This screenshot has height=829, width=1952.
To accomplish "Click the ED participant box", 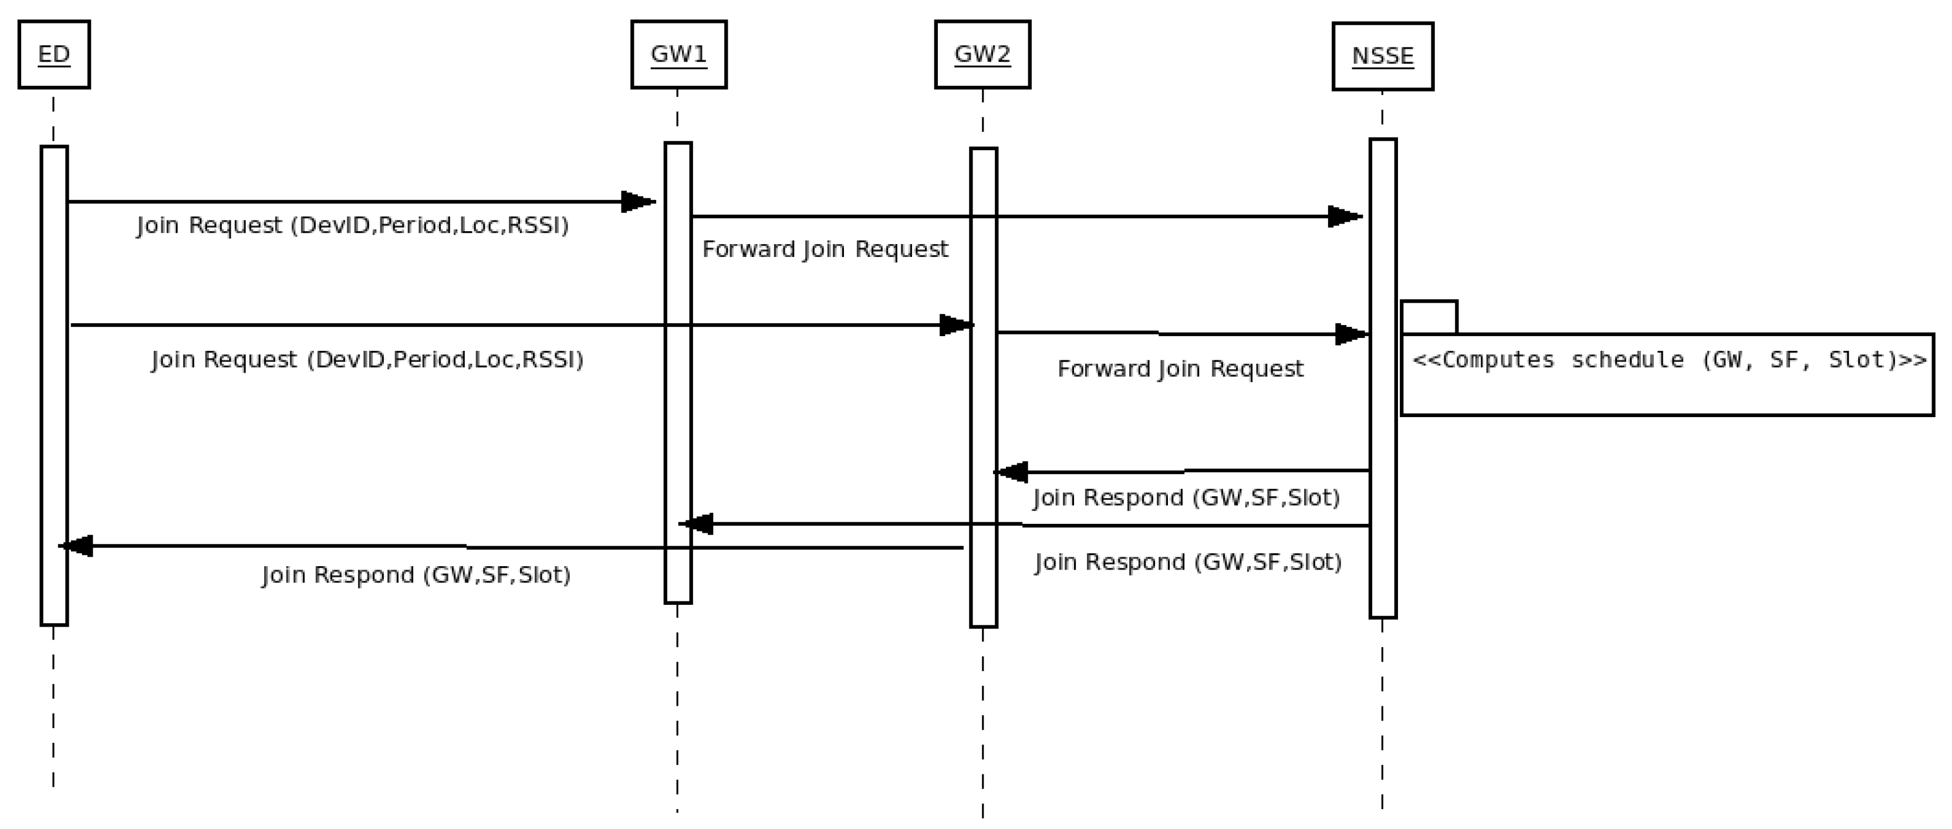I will coord(54,55).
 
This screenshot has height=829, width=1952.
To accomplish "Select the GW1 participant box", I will coord(678,55).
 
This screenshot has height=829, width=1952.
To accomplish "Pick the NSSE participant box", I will coord(1382,57).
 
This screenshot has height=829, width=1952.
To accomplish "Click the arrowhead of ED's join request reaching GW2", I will coord(956,325).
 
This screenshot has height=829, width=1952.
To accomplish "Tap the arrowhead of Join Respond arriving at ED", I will coord(76,546).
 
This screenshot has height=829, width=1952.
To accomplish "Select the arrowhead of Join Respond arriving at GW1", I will coord(695,523).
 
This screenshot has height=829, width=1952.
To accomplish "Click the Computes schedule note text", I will coord(1669,360).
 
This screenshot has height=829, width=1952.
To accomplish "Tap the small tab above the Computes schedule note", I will coord(1428,317).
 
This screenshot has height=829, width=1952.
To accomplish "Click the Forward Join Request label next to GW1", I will coord(825,249).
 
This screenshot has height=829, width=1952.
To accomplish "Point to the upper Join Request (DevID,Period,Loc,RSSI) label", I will coord(352,225).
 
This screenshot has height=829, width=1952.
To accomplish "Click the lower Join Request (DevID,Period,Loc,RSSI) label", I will coord(367,359).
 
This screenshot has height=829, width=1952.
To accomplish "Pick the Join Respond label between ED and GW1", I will coord(416,575).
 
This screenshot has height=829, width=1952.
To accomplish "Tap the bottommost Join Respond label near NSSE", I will coord(1187,562).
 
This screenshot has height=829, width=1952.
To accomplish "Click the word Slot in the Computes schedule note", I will coord(1856,360).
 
